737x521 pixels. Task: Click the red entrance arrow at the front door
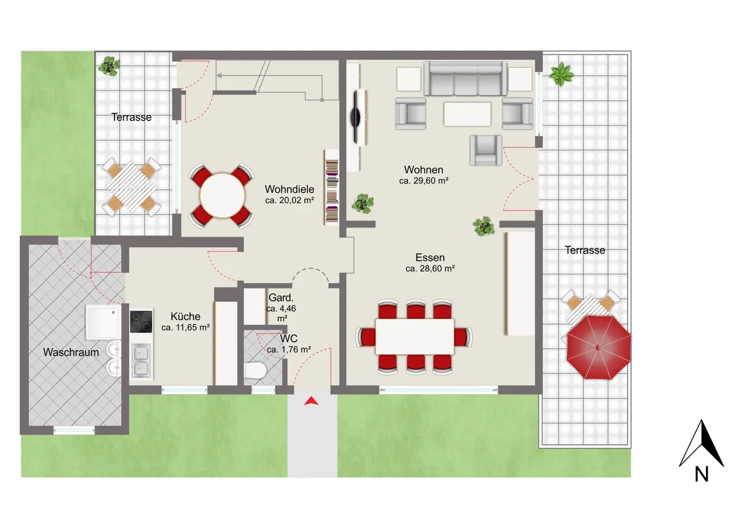[x=311, y=401]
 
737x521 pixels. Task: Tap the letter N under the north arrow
[x=701, y=474]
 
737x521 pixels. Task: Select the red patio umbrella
[x=598, y=347]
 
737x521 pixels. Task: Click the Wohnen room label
[x=423, y=170]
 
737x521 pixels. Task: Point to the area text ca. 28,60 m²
[x=430, y=269]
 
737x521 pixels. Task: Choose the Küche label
[x=185, y=317]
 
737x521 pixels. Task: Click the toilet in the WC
[x=255, y=371]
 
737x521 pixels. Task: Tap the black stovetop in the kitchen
[x=141, y=321]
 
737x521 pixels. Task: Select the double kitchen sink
[x=141, y=360]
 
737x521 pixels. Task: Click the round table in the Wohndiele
[x=222, y=196]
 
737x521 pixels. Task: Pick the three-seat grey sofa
[x=465, y=79]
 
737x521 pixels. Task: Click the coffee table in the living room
[x=467, y=114]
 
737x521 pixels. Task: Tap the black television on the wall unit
[x=356, y=117]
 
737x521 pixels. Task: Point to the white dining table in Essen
[x=415, y=336]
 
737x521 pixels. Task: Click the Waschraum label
[x=71, y=352]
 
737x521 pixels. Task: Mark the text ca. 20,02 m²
[x=290, y=200]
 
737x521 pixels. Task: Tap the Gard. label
[x=280, y=298]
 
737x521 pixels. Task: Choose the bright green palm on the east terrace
[x=561, y=74]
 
